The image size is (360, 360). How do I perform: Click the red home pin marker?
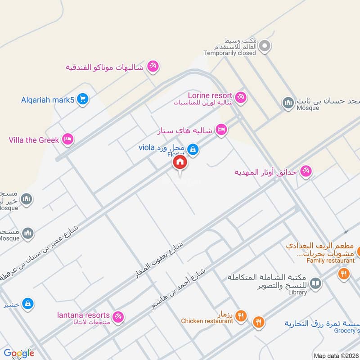tap(180, 162)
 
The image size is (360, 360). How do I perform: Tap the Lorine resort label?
tap(210, 95)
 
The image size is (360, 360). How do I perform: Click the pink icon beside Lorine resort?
tap(241, 97)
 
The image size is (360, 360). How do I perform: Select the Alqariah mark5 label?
tap(47, 99)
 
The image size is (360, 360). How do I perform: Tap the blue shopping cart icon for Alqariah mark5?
tap(82, 99)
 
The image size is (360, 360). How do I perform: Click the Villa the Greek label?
tap(34, 140)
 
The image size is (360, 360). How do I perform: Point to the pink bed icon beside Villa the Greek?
tap(68, 139)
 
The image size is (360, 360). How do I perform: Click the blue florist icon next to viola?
tap(193, 149)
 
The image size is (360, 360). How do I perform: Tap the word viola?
tap(147, 148)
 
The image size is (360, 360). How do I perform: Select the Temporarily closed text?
tap(229, 53)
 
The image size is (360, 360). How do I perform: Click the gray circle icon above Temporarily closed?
tap(265, 45)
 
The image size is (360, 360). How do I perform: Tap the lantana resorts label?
tap(84, 315)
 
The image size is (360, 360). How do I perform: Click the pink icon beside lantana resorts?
tap(118, 317)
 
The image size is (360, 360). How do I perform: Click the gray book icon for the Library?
tap(315, 283)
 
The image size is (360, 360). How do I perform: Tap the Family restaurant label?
tap(331, 261)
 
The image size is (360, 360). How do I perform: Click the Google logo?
tap(19, 353)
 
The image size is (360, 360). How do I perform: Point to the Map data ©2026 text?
tap(336, 355)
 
